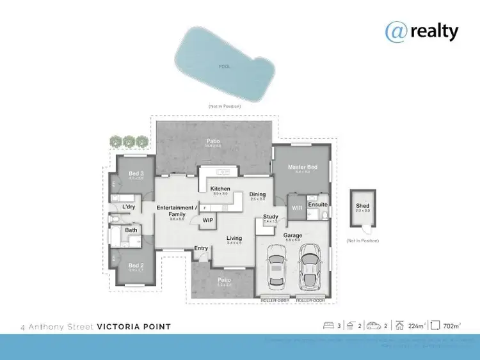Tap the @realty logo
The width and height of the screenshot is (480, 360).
(422, 30)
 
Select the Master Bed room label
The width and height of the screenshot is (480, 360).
(303, 168)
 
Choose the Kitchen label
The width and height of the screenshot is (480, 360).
(220, 189)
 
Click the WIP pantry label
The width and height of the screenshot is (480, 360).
(208, 220)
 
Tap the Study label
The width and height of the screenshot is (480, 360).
(270, 216)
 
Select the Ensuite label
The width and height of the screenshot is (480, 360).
(317, 205)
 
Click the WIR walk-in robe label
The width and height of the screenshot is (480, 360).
(296, 208)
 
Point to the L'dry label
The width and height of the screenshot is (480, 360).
(127, 207)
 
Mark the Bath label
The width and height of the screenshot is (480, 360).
(131, 230)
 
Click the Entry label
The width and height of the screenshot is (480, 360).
(201, 248)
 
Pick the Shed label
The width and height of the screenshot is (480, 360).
(363, 205)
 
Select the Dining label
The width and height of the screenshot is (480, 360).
(257, 194)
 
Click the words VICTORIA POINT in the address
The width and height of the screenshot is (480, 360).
(134, 327)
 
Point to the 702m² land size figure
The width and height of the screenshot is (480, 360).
(451, 326)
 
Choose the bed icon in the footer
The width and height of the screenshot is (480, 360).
(328, 326)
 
